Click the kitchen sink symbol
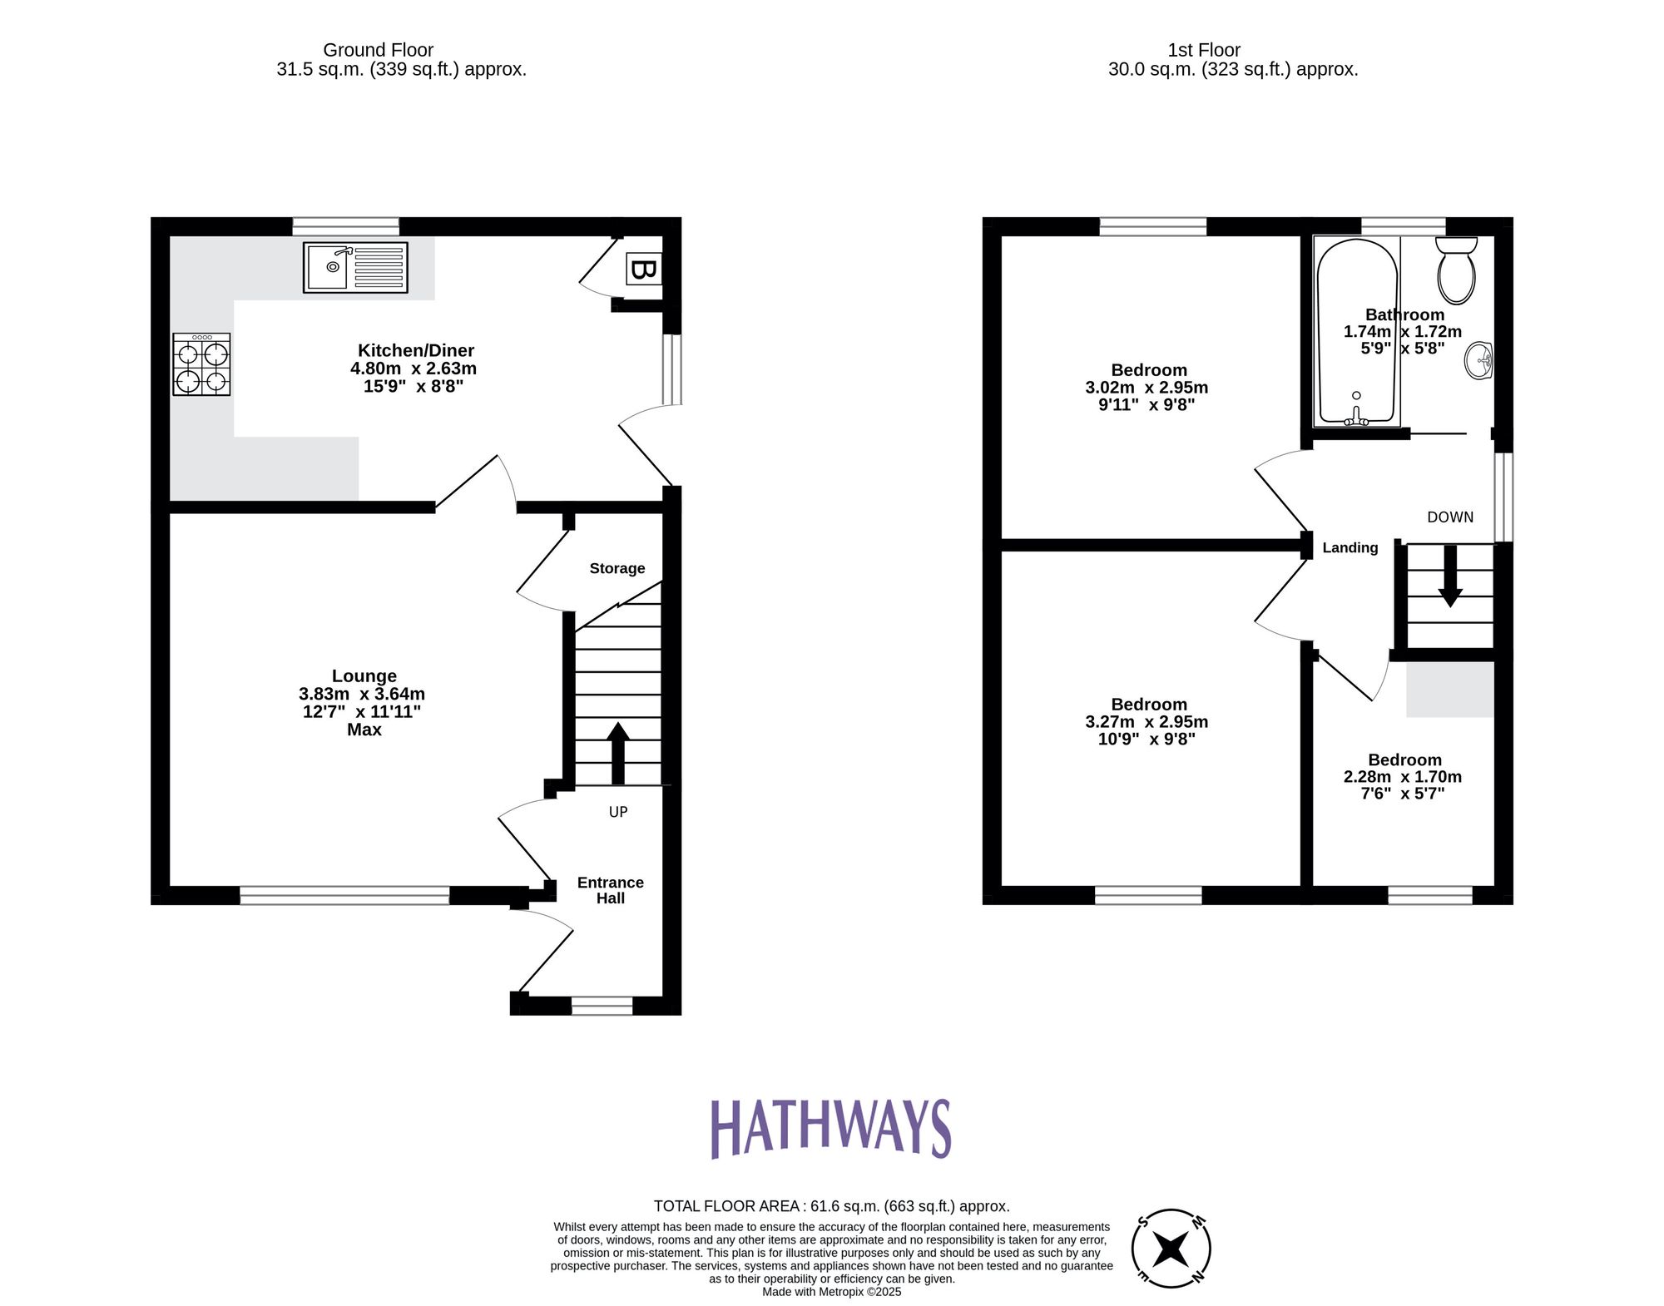355,267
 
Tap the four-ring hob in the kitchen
201,364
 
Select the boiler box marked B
643,270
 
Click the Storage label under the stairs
617,568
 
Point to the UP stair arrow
617,752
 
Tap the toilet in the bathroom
1456,271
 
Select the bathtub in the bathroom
1356,333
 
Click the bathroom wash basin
1479,360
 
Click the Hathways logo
830,1128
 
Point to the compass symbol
1171,1248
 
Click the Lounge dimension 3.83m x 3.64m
362,694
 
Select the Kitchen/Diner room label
416,350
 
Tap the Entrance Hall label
610,890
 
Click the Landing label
1350,547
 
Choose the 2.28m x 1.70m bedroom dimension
1402,776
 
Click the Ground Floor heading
378,50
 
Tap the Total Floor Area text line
831,1205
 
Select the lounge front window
344,895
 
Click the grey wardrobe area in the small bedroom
1449,689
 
